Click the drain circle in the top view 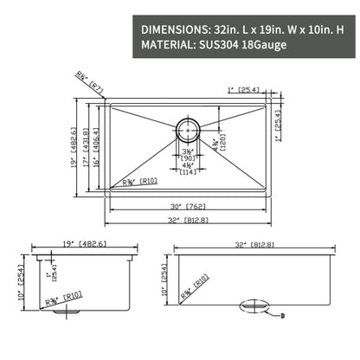point(189,130)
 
